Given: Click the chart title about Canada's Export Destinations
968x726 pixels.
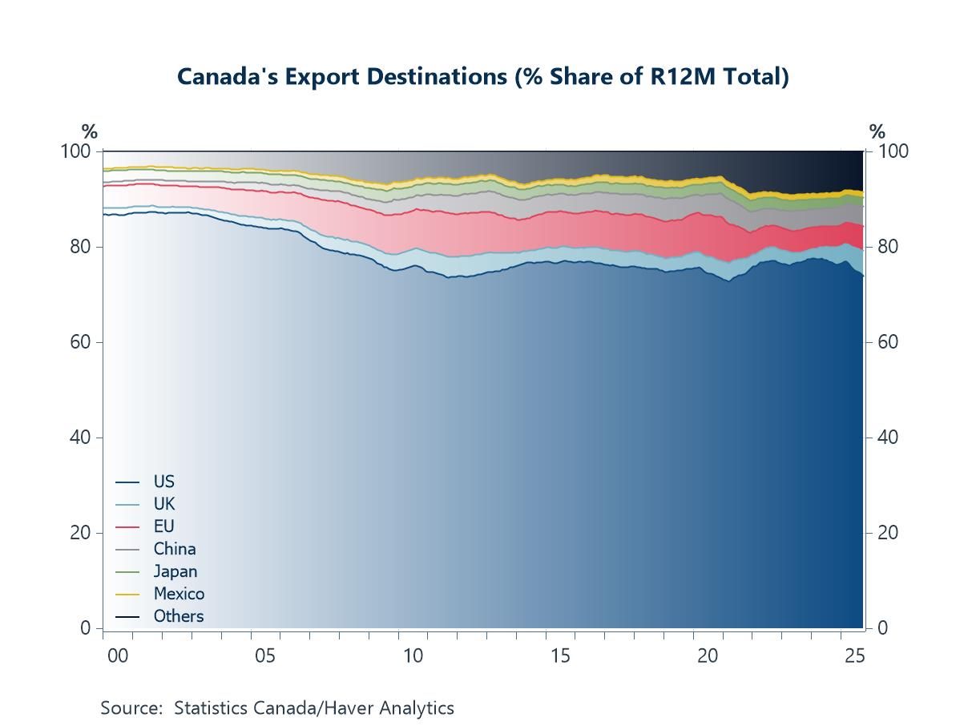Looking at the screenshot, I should click(x=482, y=77).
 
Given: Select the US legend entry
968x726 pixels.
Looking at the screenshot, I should click(x=163, y=482).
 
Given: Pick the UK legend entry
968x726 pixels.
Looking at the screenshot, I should click(x=163, y=504).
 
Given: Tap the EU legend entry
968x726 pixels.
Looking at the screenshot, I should click(x=163, y=526).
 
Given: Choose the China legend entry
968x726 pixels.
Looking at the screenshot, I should click(x=174, y=549).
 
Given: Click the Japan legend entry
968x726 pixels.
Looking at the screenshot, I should click(x=175, y=571).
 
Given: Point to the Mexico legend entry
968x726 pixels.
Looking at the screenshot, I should click(x=179, y=594).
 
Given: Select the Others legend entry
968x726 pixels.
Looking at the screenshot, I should click(x=178, y=616).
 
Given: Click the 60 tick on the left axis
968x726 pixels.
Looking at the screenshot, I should click(x=80, y=342).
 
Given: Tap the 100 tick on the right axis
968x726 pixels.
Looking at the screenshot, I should click(x=893, y=151).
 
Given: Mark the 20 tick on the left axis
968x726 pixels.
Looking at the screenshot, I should click(x=80, y=533).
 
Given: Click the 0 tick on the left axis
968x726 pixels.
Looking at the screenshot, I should click(x=85, y=628).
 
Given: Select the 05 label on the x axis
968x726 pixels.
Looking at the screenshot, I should click(x=265, y=655).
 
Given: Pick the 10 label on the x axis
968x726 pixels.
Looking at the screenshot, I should click(x=413, y=655).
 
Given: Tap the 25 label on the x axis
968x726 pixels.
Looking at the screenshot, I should click(x=855, y=655).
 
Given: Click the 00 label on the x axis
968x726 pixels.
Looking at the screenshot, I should click(x=118, y=655).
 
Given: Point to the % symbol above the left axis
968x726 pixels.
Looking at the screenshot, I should click(x=89, y=132).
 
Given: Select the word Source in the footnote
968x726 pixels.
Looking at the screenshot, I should click(x=131, y=708).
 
